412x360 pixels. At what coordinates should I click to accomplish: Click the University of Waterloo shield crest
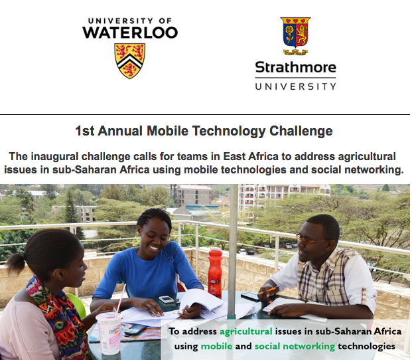[x=130, y=61]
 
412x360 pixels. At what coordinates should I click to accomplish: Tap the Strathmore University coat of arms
[x=296, y=36]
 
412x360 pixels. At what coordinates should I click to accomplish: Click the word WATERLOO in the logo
[x=130, y=33]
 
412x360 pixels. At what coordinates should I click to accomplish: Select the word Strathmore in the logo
[x=296, y=67]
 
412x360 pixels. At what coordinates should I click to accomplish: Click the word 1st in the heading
[x=85, y=131]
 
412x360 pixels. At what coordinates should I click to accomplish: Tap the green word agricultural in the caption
[x=246, y=331]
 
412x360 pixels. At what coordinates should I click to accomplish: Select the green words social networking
[x=295, y=346]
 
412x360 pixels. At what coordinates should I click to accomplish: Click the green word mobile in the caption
[x=216, y=346]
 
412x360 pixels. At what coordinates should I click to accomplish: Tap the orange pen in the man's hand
[x=269, y=290]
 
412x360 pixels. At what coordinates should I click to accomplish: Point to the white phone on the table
[x=166, y=299]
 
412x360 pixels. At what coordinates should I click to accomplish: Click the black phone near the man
[x=250, y=296]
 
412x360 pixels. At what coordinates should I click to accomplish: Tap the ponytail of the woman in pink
[x=16, y=262]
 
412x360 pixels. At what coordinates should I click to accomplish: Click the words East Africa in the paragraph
[x=251, y=157]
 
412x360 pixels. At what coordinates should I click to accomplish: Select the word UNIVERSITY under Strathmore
[x=296, y=86]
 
